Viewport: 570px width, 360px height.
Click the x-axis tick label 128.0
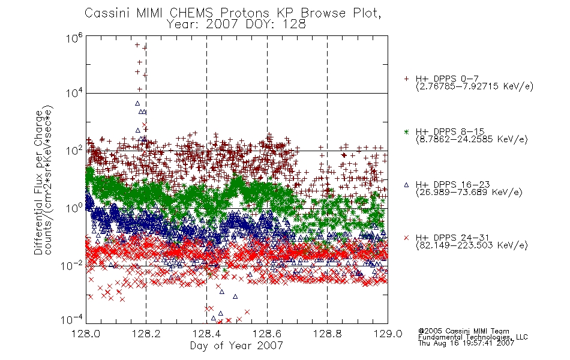(86, 334)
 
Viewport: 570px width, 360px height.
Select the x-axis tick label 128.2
(146, 334)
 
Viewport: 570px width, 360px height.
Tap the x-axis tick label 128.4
(206, 334)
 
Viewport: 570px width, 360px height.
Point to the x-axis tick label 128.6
(267, 334)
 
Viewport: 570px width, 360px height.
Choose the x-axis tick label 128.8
(327, 334)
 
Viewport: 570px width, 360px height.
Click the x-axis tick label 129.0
(388, 334)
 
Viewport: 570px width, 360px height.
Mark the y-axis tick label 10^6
(74, 38)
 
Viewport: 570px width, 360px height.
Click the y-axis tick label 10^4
(74, 93)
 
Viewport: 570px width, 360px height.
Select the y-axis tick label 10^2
(74, 151)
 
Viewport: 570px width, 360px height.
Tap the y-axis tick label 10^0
(74, 208)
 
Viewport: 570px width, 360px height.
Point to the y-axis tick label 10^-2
(71, 266)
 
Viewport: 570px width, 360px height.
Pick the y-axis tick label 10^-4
(71, 320)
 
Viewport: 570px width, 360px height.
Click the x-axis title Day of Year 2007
(236, 346)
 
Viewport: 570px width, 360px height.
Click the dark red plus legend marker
(406, 79)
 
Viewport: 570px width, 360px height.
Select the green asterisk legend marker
(406, 131)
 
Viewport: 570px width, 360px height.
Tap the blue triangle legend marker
(406, 185)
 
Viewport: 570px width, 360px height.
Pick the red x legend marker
(406, 238)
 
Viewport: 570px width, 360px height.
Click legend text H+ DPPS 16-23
(452, 184)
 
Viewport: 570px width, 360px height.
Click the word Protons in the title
(245, 13)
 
